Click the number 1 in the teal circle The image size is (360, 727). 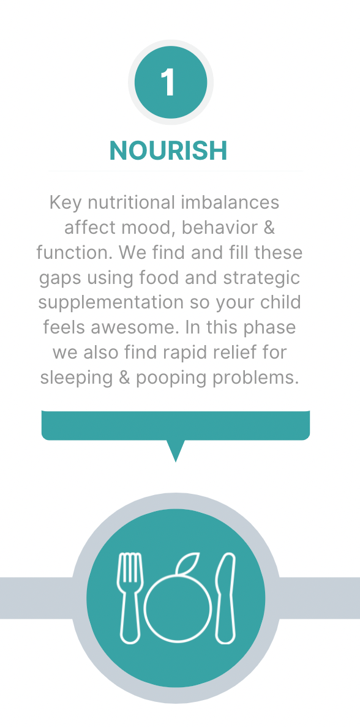pos(168,83)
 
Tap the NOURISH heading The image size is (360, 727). pos(168,151)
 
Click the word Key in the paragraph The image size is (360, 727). pos(66,203)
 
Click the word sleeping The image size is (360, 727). pos(77,378)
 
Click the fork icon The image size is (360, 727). pos(130,598)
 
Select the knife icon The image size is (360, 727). pos(227,598)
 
